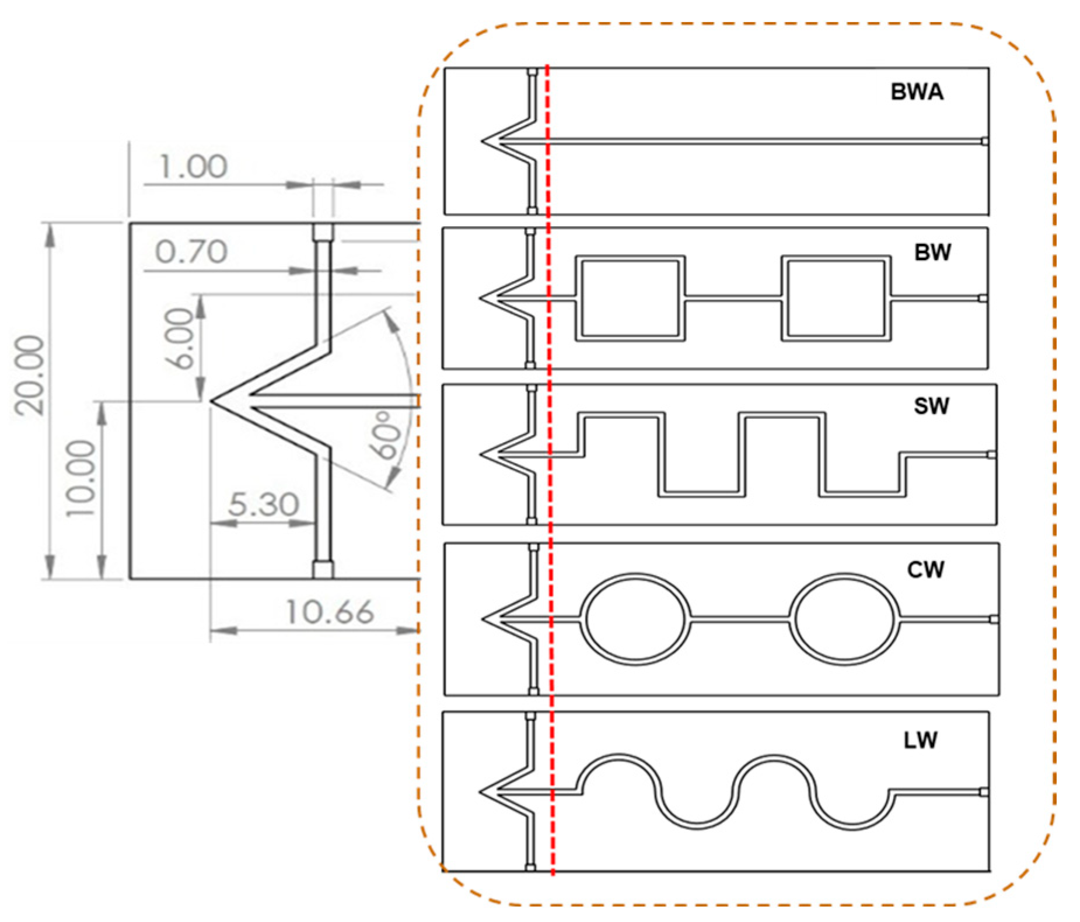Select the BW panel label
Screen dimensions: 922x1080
[x=932, y=252]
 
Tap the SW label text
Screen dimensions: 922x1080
[x=931, y=405]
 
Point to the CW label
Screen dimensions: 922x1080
[x=925, y=570]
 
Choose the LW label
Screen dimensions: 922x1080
[x=920, y=740]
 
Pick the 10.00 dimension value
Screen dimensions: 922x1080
[x=81, y=478]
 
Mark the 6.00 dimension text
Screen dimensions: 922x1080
[x=179, y=338]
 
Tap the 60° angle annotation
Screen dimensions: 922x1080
[x=386, y=435]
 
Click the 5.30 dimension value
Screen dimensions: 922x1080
[x=263, y=504]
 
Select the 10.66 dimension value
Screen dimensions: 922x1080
[x=329, y=612]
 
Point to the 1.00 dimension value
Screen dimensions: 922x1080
[x=193, y=167]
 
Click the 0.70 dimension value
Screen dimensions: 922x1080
[x=191, y=252]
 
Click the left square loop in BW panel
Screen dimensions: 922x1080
[x=630, y=298]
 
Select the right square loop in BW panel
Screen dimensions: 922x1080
[x=836, y=298]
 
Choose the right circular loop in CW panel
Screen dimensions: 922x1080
[x=844, y=619]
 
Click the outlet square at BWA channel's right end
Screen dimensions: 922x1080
[x=984, y=141]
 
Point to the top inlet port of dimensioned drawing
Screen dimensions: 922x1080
[x=323, y=232]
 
